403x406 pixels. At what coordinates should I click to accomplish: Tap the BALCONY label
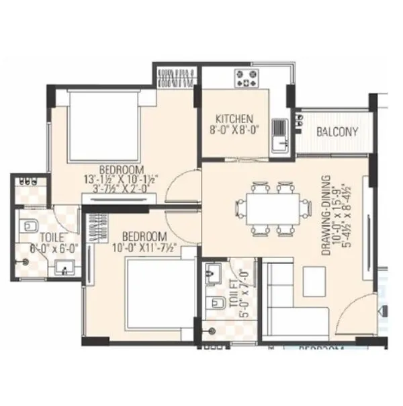(x=337, y=132)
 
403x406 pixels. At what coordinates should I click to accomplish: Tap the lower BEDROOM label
(x=145, y=237)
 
